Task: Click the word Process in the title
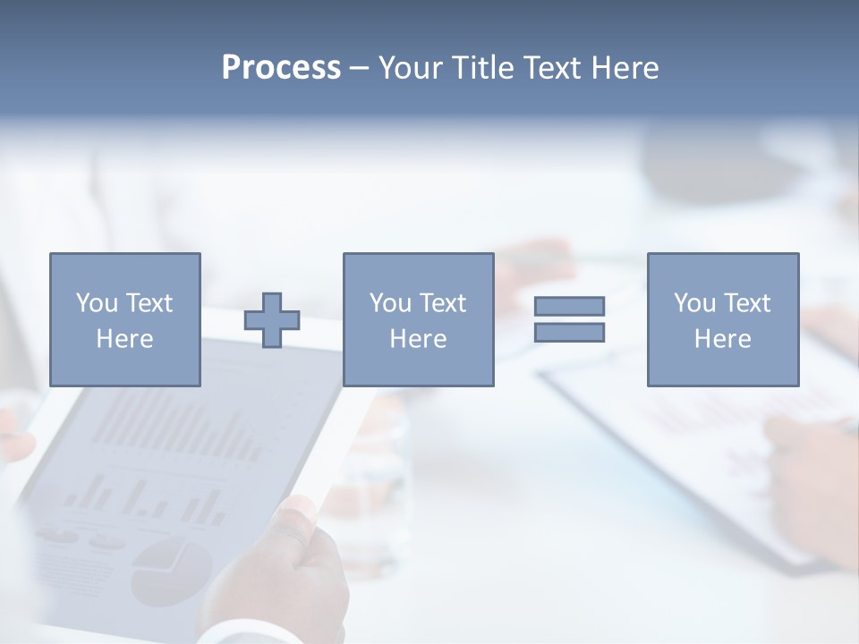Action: (281, 68)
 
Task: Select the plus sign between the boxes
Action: (272, 319)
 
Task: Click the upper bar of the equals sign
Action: (569, 306)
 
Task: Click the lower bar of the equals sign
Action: (569, 332)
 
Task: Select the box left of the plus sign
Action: (124, 319)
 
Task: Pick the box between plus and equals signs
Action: (418, 319)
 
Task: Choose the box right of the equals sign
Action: (722, 319)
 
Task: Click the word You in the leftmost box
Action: (96, 303)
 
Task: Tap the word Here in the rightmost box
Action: (722, 338)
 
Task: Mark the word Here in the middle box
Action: (418, 338)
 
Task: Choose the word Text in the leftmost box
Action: (149, 303)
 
